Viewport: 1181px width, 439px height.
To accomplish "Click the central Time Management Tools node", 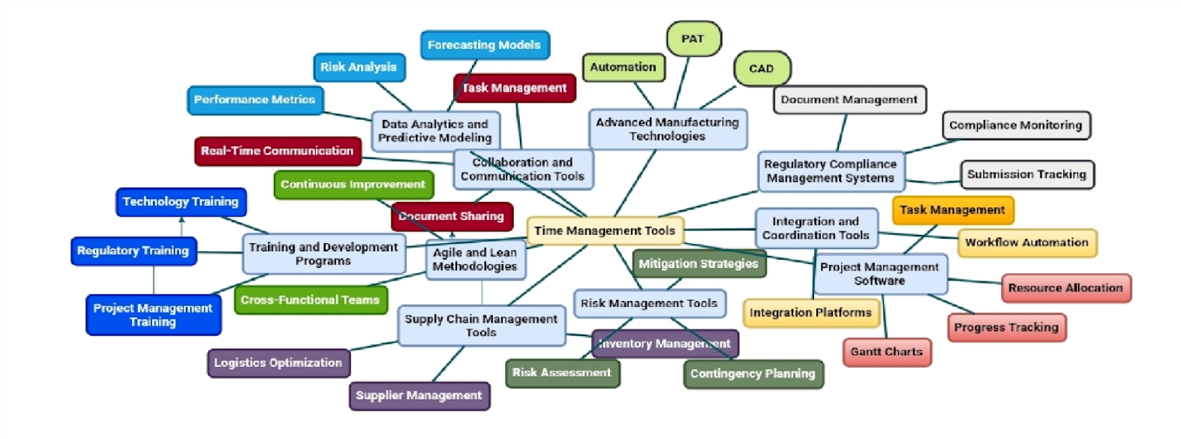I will [604, 231].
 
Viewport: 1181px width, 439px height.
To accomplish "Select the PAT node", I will [693, 39].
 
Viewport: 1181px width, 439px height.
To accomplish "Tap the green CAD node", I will [761, 68].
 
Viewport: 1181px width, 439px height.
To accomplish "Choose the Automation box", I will [623, 68].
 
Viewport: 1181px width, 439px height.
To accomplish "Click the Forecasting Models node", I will [484, 45].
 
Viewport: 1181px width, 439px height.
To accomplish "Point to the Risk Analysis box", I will [358, 68].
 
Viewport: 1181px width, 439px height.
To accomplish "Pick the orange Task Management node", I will [952, 210].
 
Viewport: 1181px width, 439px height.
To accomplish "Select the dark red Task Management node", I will [515, 88].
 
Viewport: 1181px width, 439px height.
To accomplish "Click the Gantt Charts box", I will [886, 352].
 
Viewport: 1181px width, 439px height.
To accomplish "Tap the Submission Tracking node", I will [1026, 175].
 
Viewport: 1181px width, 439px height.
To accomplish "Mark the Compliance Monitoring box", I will [1015, 125].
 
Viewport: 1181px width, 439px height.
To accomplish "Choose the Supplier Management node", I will [419, 395].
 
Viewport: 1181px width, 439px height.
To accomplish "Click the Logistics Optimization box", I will [278, 363].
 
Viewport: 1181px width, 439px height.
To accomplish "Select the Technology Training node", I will [180, 202].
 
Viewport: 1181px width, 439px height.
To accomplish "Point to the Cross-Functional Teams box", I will [310, 300].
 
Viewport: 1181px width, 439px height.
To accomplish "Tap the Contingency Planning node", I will [753, 374].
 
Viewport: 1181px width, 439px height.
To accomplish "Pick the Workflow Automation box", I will [1026, 242].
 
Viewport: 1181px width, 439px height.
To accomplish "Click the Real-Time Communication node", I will [277, 151].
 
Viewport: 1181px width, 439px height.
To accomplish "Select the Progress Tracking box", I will [1006, 328].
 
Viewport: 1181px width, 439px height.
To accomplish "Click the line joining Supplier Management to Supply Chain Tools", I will [449, 364].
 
